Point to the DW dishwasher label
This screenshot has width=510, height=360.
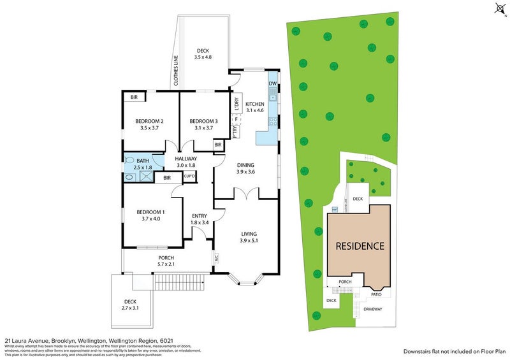(272, 83)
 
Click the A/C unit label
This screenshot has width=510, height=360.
(217, 259)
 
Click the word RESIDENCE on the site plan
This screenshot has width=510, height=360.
(361, 245)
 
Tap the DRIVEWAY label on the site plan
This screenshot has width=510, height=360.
(373, 309)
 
